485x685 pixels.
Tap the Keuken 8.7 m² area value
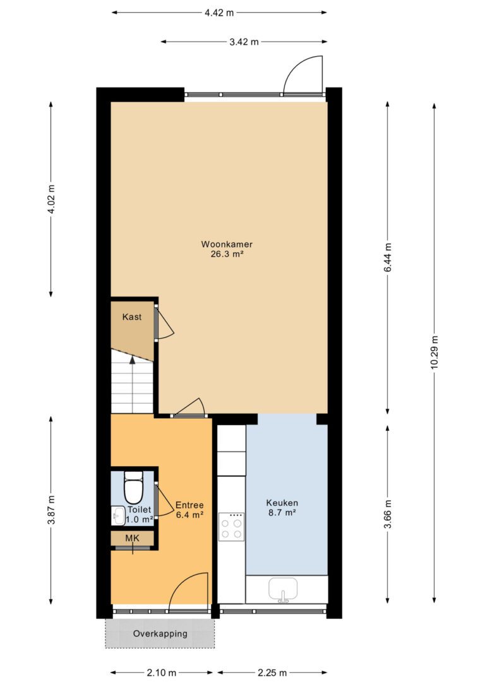(282, 513)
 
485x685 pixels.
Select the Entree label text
(189, 505)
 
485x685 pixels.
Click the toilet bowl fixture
(133, 488)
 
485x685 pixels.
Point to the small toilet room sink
(117, 515)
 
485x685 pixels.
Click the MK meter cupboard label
(132, 538)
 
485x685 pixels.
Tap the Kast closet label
(131, 317)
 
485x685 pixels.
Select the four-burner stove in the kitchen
(231, 527)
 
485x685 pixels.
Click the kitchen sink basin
(283, 589)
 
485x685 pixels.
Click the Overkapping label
(160, 633)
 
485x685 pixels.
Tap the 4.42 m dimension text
(219, 13)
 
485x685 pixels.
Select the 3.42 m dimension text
(244, 42)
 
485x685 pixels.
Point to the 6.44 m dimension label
(388, 257)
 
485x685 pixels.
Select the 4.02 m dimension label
(52, 199)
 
